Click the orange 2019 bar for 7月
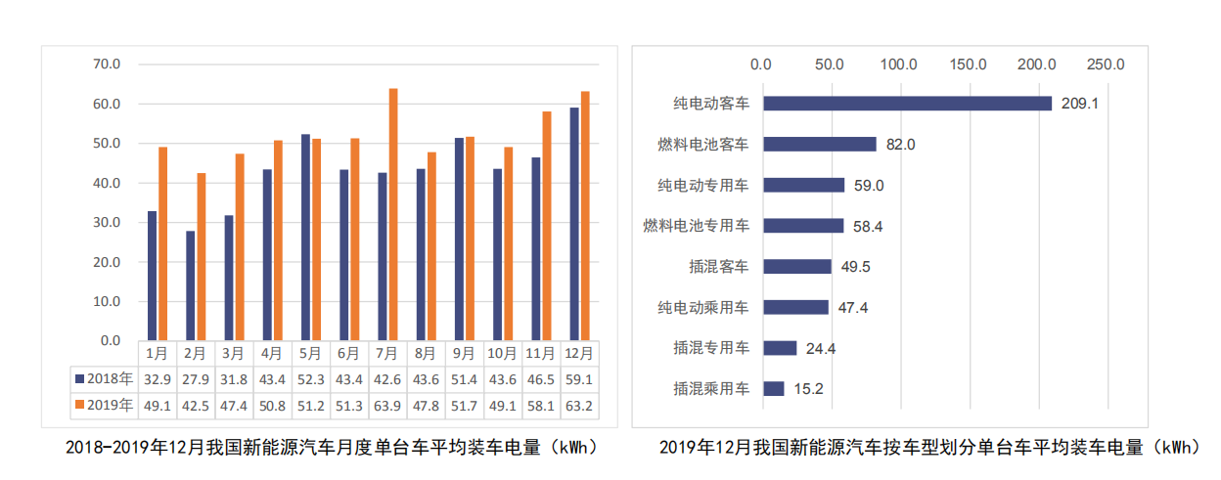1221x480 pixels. coord(393,215)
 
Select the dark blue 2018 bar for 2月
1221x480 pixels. coord(191,285)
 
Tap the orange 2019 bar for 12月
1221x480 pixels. coord(585,216)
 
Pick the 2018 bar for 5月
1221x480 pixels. coord(305,238)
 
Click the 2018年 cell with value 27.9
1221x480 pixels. coord(195,377)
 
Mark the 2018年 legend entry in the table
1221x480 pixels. coord(103,377)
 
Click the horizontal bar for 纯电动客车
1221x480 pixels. coord(907,103)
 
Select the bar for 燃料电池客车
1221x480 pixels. coord(819,144)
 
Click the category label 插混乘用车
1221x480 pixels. coord(711,388)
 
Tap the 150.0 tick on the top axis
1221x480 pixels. coord(968,65)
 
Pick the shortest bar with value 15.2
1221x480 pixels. coord(773,388)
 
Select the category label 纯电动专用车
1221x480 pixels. coord(703,185)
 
